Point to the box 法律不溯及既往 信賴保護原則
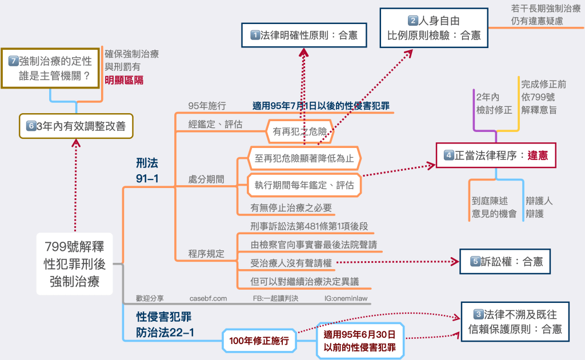pos(514,321)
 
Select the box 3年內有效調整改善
pos(76,126)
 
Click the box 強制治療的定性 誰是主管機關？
pos(50,67)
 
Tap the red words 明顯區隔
pos(124,80)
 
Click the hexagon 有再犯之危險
pos(299,132)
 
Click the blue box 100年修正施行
pos(259,341)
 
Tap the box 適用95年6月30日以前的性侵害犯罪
pos(359,341)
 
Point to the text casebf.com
pos(208,298)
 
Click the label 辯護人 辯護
pos(539,207)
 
